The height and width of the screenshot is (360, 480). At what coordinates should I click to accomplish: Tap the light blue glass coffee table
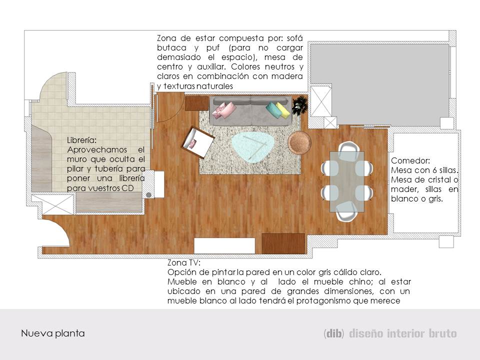click(x=253, y=146)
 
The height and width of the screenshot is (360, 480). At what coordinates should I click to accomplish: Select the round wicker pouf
click(x=298, y=142)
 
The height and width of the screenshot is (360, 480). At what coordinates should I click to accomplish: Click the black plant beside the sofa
click(x=300, y=105)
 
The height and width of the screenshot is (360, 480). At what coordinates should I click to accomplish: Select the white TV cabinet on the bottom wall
click(x=224, y=245)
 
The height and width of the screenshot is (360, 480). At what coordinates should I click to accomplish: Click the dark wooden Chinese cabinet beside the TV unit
click(x=283, y=243)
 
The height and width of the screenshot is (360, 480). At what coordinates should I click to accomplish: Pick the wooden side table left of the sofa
click(x=196, y=103)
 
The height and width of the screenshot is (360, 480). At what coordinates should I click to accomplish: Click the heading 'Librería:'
click(x=81, y=140)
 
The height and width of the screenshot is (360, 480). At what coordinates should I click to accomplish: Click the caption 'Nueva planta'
click(x=52, y=333)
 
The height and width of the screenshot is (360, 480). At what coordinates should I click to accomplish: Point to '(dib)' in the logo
click(x=333, y=333)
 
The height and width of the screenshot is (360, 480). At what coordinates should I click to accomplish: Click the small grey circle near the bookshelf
click(x=148, y=195)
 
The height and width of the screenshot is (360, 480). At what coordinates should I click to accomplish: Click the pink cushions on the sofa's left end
click(x=223, y=110)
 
